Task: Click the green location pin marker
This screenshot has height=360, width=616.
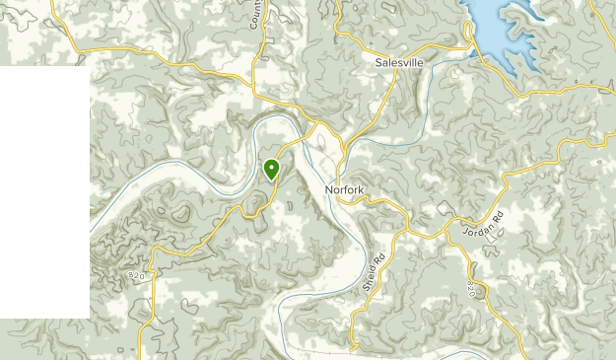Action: [x=271, y=169]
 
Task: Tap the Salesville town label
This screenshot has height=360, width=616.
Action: [x=399, y=61]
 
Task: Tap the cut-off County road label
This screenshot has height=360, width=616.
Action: [x=255, y=14]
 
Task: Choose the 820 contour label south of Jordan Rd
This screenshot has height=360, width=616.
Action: [x=472, y=290]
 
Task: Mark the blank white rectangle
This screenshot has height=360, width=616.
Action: [x=44, y=192]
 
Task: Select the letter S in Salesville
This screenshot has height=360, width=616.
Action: [x=378, y=61]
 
